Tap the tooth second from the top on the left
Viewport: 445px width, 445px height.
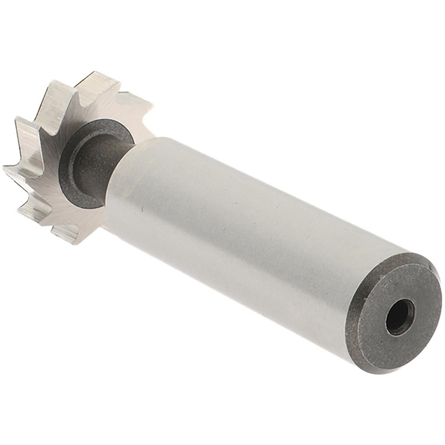(x=27, y=129)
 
